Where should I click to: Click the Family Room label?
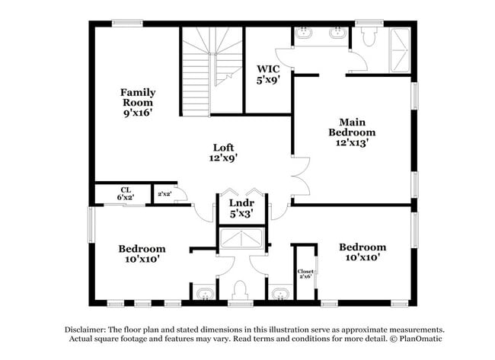(138, 103)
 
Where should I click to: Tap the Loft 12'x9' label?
(223, 152)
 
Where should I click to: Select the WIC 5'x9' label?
(268, 75)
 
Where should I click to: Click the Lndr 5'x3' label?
(242, 209)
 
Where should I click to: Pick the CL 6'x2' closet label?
(126, 193)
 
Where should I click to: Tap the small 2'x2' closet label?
(164, 194)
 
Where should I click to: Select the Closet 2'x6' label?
(305, 273)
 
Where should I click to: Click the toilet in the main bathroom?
(369, 37)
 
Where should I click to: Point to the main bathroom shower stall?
(401, 50)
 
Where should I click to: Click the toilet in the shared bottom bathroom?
(240, 290)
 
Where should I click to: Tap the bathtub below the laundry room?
(241, 238)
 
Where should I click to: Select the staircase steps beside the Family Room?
(212, 71)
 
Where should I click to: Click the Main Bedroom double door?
(301, 177)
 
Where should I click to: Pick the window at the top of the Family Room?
(127, 24)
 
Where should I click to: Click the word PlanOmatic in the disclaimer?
(421, 339)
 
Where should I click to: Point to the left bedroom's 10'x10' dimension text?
(142, 260)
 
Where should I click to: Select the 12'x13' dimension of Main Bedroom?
(352, 142)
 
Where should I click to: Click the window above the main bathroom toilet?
(369, 24)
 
